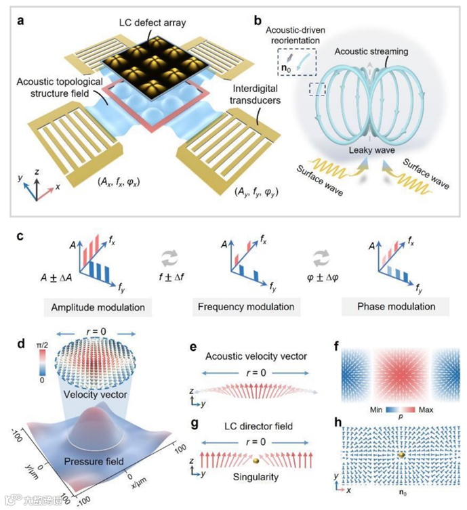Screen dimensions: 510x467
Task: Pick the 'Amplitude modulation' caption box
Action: point(99,306)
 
